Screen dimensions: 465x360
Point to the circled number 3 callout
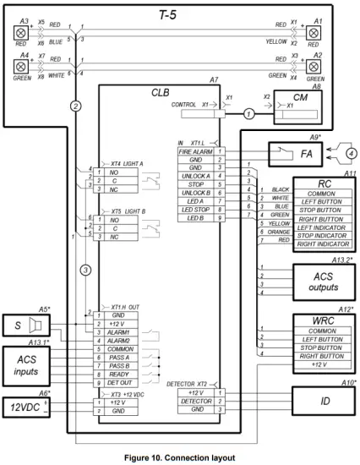85,271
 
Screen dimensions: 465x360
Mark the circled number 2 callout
76,106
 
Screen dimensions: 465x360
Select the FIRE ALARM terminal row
194,151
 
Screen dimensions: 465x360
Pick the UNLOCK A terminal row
194,175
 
